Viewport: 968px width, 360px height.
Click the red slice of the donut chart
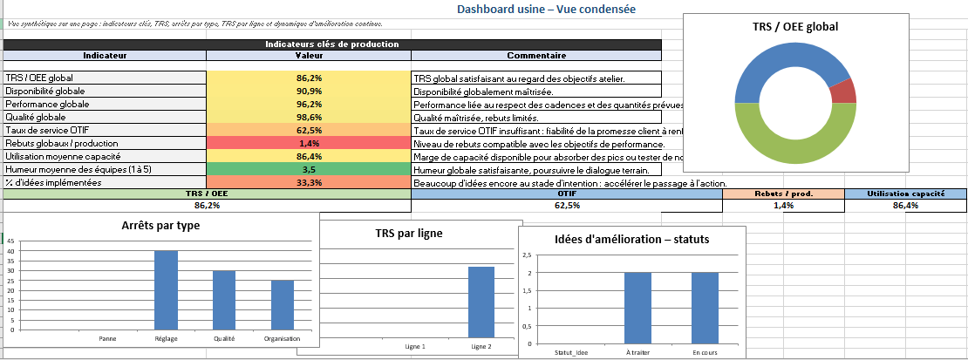pyautogui.click(x=842, y=91)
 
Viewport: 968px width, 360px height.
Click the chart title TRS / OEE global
pyautogui.click(x=794, y=28)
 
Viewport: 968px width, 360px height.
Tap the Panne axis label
pyautogui.click(x=108, y=339)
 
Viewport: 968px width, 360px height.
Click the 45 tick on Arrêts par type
pyautogui.click(x=10, y=241)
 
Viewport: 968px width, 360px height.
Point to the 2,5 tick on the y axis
pyautogui.click(x=525, y=255)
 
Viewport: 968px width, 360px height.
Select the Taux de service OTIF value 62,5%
pyautogui.click(x=309, y=131)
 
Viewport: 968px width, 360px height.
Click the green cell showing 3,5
pyautogui.click(x=309, y=170)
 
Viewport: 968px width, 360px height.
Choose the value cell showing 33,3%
pyautogui.click(x=309, y=183)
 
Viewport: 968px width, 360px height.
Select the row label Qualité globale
pyautogui.click(x=36, y=118)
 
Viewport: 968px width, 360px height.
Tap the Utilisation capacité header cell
pyautogui.click(x=906, y=194)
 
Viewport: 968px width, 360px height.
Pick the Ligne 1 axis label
pyautogui.click(x=416, y=347)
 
